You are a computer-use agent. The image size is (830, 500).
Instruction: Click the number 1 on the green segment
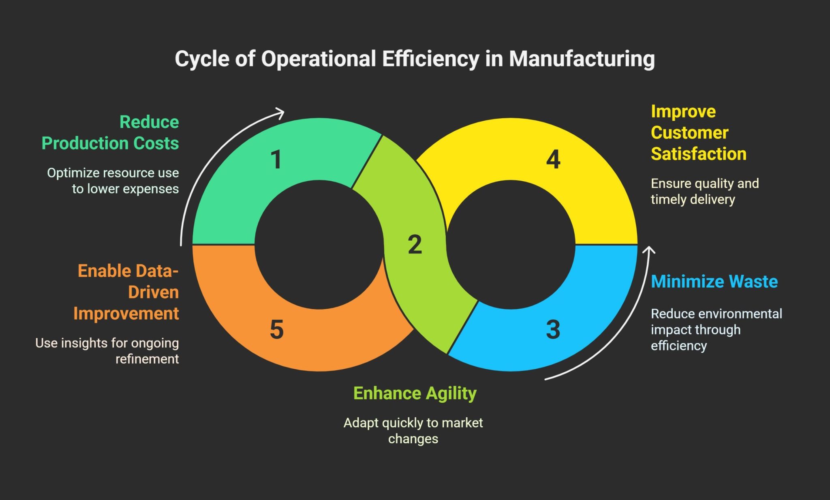click(x=276, y=160)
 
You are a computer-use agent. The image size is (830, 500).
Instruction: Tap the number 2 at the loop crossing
click(x=415, y=245)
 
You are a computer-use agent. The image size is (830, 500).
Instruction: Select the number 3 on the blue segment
click(x=553, y=329)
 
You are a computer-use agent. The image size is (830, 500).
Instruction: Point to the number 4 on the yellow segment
click(x=553, y=160)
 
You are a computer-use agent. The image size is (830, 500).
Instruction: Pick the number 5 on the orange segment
click(x=276, y=329)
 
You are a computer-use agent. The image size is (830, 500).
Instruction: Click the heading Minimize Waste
click(x=714, y=282)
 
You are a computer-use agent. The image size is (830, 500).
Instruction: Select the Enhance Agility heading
click(x=415, y=393)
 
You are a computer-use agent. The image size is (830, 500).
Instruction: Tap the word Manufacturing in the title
click(x=582, y=59)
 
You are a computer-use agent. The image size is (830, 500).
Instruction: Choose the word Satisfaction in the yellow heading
click(x=698, y=154)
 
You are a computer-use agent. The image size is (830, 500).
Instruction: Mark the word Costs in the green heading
click(x=156, y=143)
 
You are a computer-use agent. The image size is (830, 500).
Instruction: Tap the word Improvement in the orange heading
click(x=126, y=314)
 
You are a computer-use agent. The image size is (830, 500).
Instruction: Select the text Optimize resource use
click(x=113, y=173)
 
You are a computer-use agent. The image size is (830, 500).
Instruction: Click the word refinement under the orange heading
click(x=147, y=359)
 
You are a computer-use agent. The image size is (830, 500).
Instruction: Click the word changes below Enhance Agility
click(x=413, y=439)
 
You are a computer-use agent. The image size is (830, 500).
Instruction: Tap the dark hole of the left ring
click(x=319, y=245)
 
